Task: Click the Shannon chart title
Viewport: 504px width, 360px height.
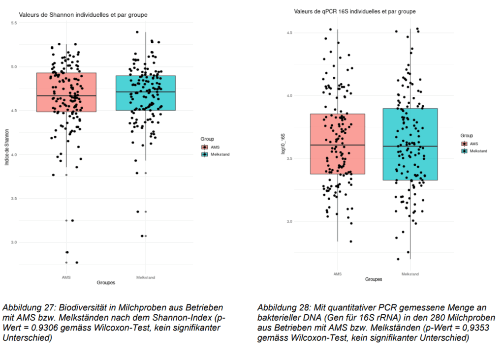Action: [83, 15]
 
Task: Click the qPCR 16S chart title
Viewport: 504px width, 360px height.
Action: [354, 11]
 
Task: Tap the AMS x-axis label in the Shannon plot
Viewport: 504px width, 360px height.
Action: [66, 277]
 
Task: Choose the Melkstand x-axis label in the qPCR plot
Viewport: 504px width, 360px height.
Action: [410, 274]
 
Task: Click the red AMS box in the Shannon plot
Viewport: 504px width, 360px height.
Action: [66, 92]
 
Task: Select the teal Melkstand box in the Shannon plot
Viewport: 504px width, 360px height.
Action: [146, 93]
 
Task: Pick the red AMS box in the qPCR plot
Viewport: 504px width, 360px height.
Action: [337, 144]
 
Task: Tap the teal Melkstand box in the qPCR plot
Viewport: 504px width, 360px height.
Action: [410, 144]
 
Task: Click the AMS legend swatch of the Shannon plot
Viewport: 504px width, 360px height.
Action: [205, 147]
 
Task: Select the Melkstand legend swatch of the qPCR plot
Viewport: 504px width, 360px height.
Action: [464, 151]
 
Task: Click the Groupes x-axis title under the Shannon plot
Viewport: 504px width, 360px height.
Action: [105, 283]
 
